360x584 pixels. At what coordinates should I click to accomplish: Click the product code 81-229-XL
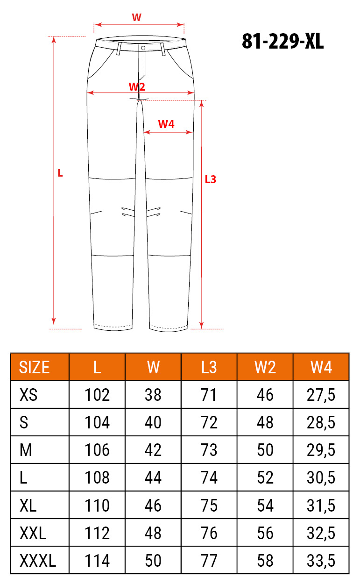(282, 41)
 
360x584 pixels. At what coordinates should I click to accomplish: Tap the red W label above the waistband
(136, 17)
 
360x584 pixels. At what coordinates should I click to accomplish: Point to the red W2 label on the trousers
(137, 86)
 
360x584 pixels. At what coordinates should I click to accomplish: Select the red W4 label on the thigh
(166, 124)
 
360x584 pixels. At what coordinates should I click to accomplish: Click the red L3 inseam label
(211, 179)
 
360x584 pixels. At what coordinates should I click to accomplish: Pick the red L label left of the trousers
(60, 173)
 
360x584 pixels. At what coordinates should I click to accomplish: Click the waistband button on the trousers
(143, 48)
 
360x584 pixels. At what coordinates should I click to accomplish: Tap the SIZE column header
(34, 367)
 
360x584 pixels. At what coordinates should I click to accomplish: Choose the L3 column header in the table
(209, 367)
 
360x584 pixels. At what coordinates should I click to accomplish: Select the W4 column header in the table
(321, 367)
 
